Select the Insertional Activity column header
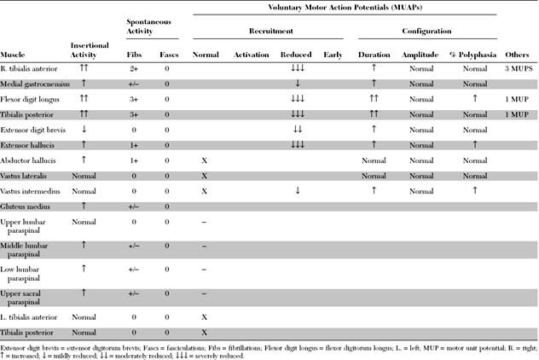[89, 49]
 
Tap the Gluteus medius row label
[26, 206]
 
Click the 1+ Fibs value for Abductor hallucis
[134, 160]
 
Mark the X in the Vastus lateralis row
[205, 175]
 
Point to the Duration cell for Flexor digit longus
[374, 99]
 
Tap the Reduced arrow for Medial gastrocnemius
[297, 84]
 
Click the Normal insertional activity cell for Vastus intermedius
[89, 191]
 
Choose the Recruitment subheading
[268, 31]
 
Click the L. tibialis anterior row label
[32, 316]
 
